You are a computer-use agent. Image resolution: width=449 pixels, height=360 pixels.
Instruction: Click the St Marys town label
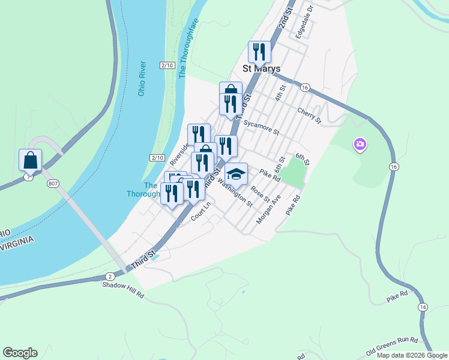coord(261,69)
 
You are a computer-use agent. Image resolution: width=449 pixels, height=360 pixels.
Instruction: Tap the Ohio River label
coord(142,78)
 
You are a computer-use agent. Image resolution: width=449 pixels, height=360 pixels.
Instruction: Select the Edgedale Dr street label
coord(304,21)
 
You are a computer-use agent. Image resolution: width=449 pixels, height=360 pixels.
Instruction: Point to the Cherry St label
coord(310,115)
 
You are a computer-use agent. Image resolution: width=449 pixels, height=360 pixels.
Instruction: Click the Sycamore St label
coord(262,127)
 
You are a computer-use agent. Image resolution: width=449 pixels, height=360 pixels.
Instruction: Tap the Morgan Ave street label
coord(268,209)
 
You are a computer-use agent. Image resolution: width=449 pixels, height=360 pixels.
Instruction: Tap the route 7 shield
coord(29,178)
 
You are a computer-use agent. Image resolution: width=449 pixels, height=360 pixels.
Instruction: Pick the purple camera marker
coord(360,144)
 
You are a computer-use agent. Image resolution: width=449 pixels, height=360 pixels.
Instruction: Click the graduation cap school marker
coord(236,174)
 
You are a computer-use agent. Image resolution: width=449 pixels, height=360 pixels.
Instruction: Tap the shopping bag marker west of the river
coord(30,160)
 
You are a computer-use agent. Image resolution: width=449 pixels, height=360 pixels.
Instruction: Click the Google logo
coord(20,353)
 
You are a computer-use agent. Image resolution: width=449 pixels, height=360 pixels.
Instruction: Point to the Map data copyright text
coord(412,355)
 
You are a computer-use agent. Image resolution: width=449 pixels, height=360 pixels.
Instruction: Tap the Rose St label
coord(260,194)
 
